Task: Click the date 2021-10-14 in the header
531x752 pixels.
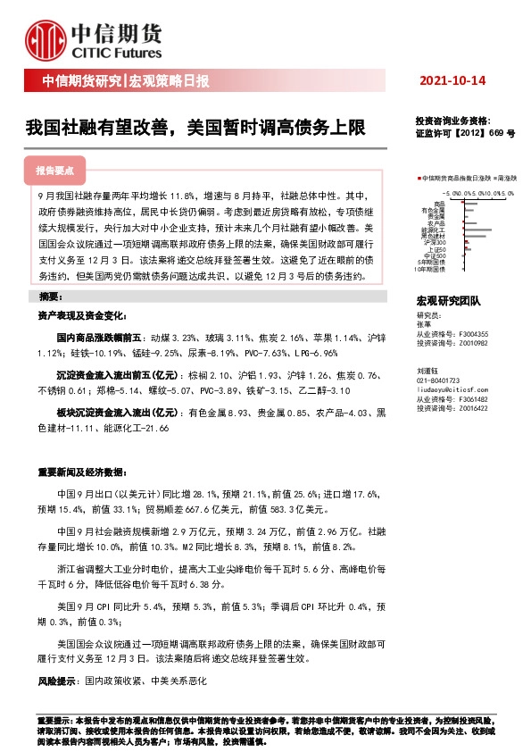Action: pos(452,81)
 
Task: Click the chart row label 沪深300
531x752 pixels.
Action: pos(435,242)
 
